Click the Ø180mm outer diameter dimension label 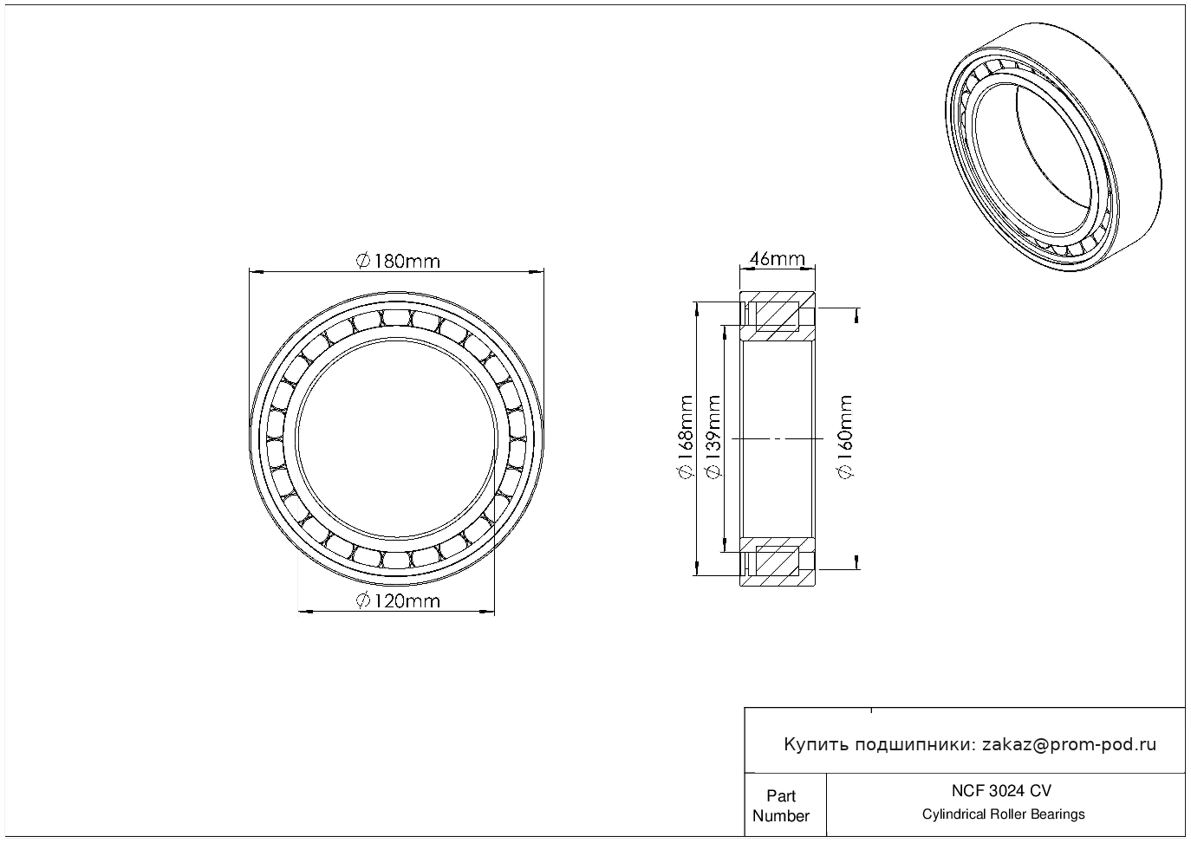[x=398, y=261]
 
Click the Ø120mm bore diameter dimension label [x=398, y=601]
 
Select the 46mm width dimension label [x=777, y=259]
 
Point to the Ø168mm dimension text [x=686, y=437]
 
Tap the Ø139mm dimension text [x=713, y=437]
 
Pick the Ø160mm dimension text [x=845, y=437]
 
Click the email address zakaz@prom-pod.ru [x=1069, y=745]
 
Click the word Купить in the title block [x=816, y=745]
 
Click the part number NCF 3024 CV [x=1001, y=791]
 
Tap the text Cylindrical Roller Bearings [x=1003, y=814]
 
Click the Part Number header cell [x=780, y=806]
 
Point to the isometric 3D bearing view [x=1053, y=148]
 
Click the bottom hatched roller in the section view [x=778, y=561]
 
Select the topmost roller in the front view [x=397, y=317]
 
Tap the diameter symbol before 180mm [x=362, y=261]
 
